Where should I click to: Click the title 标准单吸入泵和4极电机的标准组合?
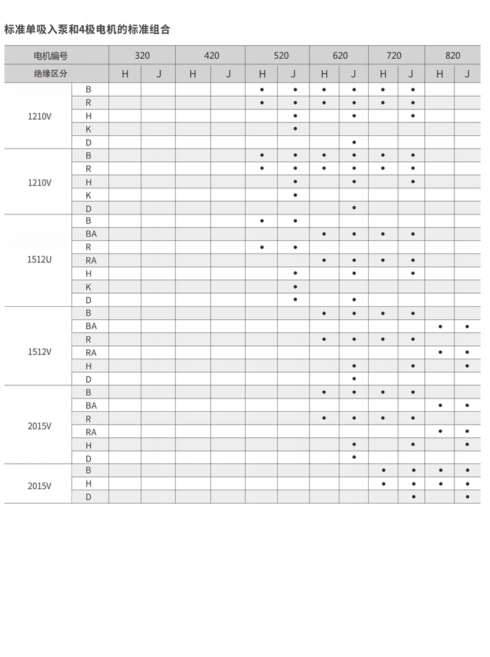(x=87, y=29)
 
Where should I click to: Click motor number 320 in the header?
(x=142, y=55)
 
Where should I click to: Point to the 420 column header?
(x=211, y=55)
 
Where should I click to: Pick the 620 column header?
(x=340, y=55)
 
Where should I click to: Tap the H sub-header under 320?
(x=125, y=74)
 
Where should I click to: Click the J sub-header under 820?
(x=467, y=74)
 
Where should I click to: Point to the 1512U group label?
(x=40, y=260)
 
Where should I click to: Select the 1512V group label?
(x=40, y=352)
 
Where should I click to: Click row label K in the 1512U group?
(x=89, y=286)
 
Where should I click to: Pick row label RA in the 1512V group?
(x=91, y=352)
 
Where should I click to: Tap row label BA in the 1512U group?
(x=91, y=234)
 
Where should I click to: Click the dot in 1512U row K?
(x=295, y=286)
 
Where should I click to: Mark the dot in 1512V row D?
(x=354, y=378)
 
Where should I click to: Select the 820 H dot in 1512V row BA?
(x=440, y=326)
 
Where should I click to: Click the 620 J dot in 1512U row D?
(x=354, y=299)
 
